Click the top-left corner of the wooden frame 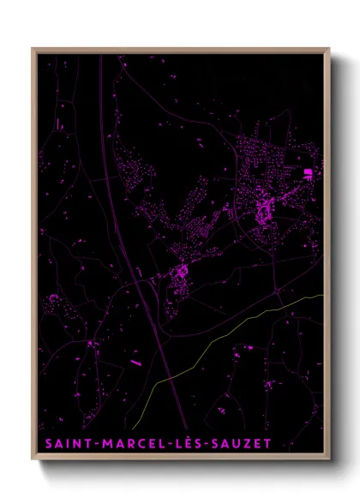click(33, 49)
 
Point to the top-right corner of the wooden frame click(328, 49)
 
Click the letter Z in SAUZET click(249, 443)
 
